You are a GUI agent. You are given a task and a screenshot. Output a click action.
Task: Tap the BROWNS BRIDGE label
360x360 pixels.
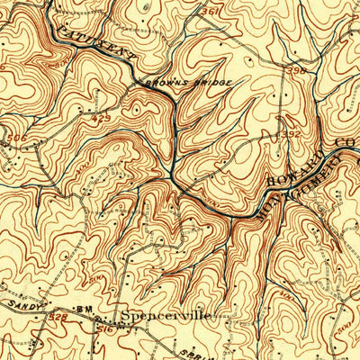pos(185,83)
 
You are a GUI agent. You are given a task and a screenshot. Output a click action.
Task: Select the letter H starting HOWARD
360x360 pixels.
pos(273,182)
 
